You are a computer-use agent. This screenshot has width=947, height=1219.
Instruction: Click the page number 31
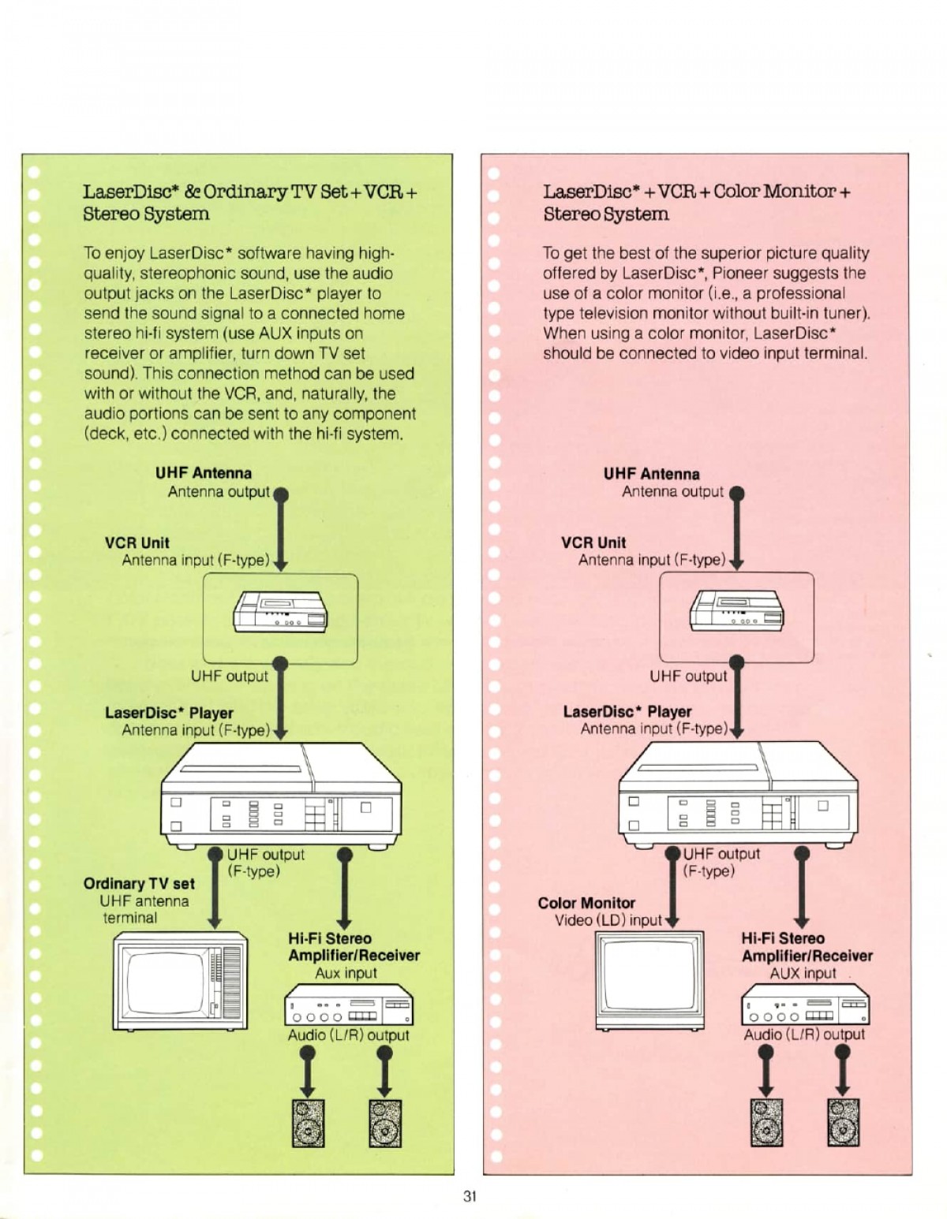point(470,1195)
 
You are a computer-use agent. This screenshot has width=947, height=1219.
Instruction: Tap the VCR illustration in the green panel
point(281,612)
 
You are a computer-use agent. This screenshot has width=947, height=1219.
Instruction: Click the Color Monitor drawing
point(649,981)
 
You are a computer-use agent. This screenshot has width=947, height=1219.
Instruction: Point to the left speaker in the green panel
point(309,1123)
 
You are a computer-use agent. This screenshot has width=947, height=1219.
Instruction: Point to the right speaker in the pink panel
point(843,1123)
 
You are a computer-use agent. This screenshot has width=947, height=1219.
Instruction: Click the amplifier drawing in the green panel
point(349,1005)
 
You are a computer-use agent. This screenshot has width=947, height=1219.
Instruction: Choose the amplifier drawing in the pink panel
point(805,1005)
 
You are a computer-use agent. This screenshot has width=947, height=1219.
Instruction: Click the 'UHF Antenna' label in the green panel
point(203,473)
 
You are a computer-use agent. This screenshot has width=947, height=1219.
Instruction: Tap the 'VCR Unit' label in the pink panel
point(593,542)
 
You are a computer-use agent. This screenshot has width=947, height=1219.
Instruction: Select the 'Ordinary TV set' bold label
point(139,884)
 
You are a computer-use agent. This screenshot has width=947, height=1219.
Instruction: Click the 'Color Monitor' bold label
point(586,903)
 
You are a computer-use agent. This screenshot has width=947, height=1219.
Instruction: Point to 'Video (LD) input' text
point(608,921)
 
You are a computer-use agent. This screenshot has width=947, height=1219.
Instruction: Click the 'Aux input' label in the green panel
point(346,973)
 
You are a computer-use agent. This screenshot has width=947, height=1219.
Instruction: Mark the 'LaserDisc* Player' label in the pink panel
point(627,711)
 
